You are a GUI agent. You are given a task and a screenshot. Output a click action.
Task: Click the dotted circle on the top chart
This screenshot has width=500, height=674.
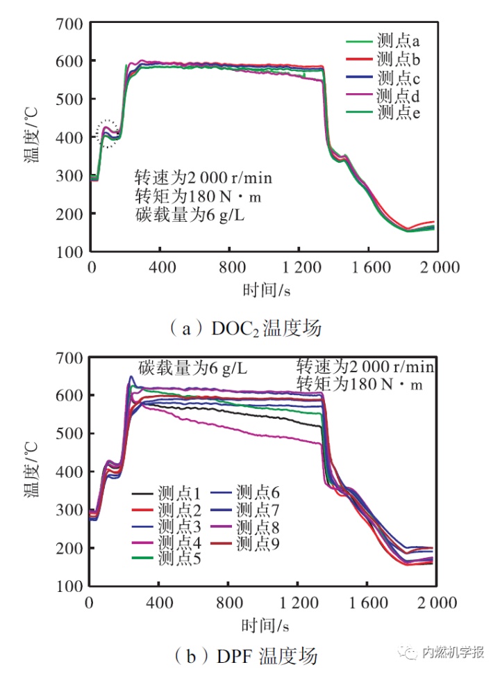pos(109,132)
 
